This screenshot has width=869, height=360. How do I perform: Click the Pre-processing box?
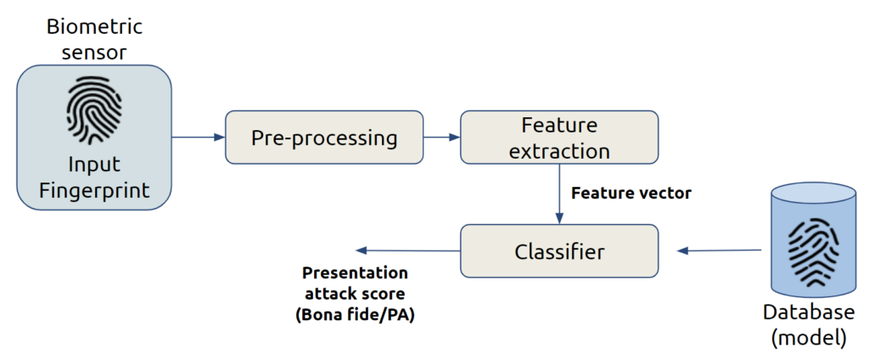(x=324, y=137)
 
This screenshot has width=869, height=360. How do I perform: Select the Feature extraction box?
(x=559, y=137)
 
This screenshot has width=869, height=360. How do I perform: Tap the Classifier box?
(x=559, y=251)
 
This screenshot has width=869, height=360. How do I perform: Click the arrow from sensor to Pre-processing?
(x=198, y=137)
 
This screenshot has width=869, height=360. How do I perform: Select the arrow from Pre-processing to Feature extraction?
(x=441, y=137)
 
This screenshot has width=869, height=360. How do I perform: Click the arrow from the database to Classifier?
(x=719, y=250)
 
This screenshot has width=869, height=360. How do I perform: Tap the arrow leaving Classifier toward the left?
(x=407, y=250)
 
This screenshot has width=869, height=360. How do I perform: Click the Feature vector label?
(x=631, y=194)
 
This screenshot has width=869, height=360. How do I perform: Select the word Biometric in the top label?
(x=93, y=26)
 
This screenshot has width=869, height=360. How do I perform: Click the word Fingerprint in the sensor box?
(x=93, y=191)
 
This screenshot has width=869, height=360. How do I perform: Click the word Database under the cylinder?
(x=812, y=312)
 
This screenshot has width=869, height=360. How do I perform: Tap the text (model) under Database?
(x=812, y=338)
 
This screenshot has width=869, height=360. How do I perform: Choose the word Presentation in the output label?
(x=355, y=273)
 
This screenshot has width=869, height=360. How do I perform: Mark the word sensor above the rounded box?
(x=93, y=52)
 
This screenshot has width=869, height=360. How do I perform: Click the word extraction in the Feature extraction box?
(x=559, y=150)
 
